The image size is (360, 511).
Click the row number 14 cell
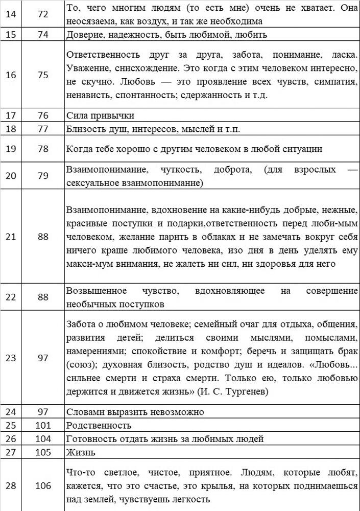tap(11, 14)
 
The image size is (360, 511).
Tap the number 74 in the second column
tap(43, 34)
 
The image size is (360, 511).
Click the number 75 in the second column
tap(43, 75)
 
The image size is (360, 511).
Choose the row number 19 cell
tap(11, 149)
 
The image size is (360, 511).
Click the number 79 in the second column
tap(43, 176)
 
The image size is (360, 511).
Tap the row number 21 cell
tap(11, 236)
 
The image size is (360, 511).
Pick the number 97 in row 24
tap(43, 411)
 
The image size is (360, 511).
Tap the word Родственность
tap(99, 425)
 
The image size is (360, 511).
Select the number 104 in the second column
tap(43, 438)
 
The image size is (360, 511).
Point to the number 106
tap(43, 485)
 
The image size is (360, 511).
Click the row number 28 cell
tap(11, 485)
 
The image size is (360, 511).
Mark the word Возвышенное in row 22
tap(97, 291)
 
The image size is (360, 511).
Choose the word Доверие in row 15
tap(85, 34)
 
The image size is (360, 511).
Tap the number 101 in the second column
tap(43, 425)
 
